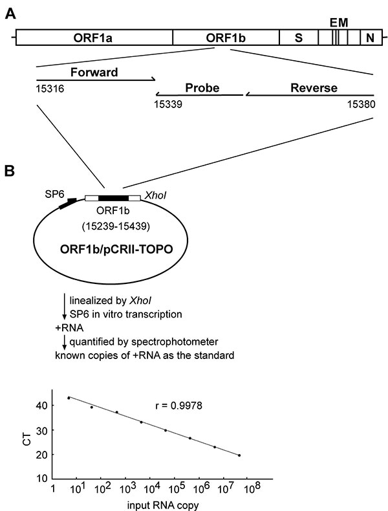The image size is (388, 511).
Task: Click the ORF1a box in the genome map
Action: [x=94, y=38]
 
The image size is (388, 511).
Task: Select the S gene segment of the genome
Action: [x=298, y=38]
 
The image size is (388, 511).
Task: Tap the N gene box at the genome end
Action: [x=371, y=38]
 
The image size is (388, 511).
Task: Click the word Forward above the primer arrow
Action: [x=94, y=72]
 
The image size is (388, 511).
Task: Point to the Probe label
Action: [x=202, y=88]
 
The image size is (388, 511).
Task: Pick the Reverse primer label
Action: [x=314, y=88]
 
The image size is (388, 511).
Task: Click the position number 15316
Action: [x=50, y=89]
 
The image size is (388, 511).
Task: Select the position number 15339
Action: [x=168, y=104]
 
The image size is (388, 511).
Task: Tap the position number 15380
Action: [x=361, y=104]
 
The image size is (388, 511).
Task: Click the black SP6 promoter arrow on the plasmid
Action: [x=68, y=203]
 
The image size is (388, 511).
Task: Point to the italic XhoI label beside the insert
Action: [x=155, y=195]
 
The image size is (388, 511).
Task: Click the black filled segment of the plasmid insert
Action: [x=113, y=198]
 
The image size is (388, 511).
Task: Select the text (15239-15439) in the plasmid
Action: [x=116, y=226]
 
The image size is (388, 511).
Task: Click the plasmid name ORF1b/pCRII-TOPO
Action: [x=116, y=250]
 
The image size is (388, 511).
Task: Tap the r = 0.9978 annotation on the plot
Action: [x=179, y=406]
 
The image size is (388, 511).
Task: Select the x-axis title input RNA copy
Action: [x=162, y=505]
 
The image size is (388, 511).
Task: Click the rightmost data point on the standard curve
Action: [x=239, y=455]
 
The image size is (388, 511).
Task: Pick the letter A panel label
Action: [x=11, y=14]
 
